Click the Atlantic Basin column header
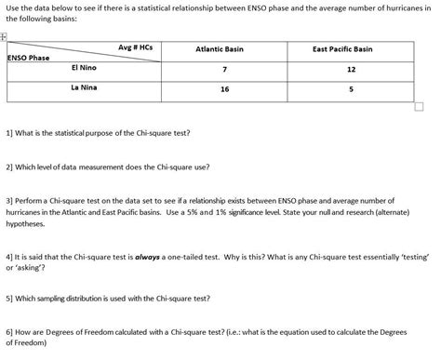pyautogui.click(x=220, y=48)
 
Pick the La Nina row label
pyautogui.click(x=85, y=87)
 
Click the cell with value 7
pyautogui.click(x=224, y=70)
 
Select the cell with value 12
pyautogui.click(x=350, y=70)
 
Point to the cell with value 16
pyautogui.click(x=224, y=89)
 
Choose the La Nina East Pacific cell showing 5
pyautogui.click(x=350, y=89)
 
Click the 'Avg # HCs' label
pyautogui.click(x=135, y=47)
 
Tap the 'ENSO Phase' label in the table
pyautogui.click(x=29, y=58)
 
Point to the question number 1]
pyautogui.click(x=10, y=132)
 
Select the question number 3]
pyautogui.click(x=10, y=200)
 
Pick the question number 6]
pyautogui.click(x=10, y=331)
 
